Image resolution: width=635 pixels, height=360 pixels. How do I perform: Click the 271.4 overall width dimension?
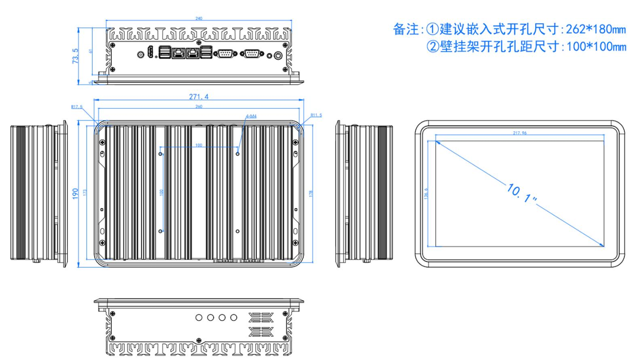199,97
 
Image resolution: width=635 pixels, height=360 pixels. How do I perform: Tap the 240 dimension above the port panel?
199,18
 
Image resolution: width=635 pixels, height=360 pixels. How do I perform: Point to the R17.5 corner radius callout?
77,107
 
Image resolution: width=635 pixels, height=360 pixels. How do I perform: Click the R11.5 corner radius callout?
316,115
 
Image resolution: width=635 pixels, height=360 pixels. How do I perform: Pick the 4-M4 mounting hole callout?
251,116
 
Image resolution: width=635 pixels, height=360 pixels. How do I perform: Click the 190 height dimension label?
75,193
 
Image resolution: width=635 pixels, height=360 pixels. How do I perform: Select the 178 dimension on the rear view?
311,193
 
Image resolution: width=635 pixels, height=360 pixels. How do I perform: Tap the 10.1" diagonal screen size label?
522,193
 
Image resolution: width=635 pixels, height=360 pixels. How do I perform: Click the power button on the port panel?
277,55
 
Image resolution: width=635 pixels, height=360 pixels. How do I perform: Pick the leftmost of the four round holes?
199,318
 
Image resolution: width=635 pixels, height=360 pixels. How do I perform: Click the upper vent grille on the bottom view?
261,317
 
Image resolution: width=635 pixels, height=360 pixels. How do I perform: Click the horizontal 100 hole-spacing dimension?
199,145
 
